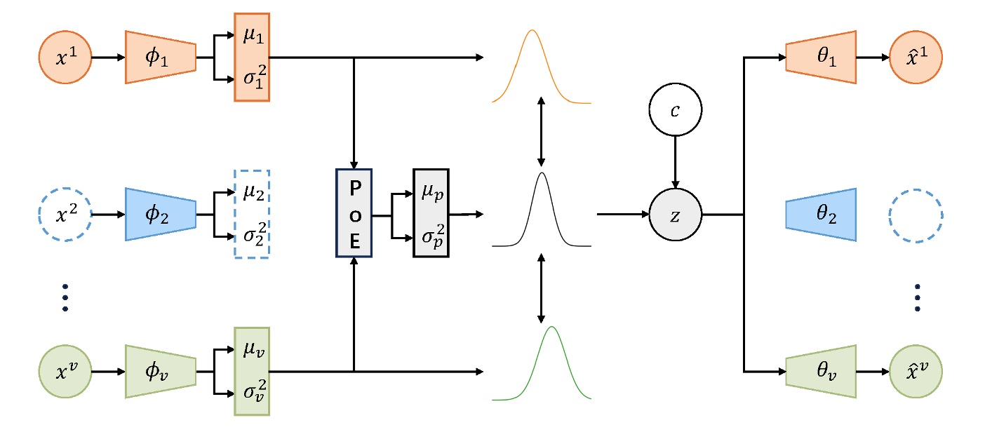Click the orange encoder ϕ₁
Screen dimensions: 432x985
tap(161, 57)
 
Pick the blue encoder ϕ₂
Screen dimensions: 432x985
tap(161, 214)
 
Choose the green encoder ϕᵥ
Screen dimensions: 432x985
tap(161, 371)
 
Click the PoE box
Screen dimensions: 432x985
tap(354, 213)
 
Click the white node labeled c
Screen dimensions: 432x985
tap(674, 111)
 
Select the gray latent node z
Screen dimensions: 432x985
tap(674, 214)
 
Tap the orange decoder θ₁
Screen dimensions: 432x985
tap(821, 57)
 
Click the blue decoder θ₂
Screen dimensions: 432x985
tap(821, 214)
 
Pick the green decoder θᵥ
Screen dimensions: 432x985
tap(821, 371)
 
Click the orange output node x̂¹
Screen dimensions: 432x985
tap(916, 57)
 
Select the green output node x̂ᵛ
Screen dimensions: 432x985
tap(916, 371)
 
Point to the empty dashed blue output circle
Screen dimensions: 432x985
tap(916, 214)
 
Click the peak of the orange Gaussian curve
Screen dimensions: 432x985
tap(532, 31)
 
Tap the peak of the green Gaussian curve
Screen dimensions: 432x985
tap(552, 328)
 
